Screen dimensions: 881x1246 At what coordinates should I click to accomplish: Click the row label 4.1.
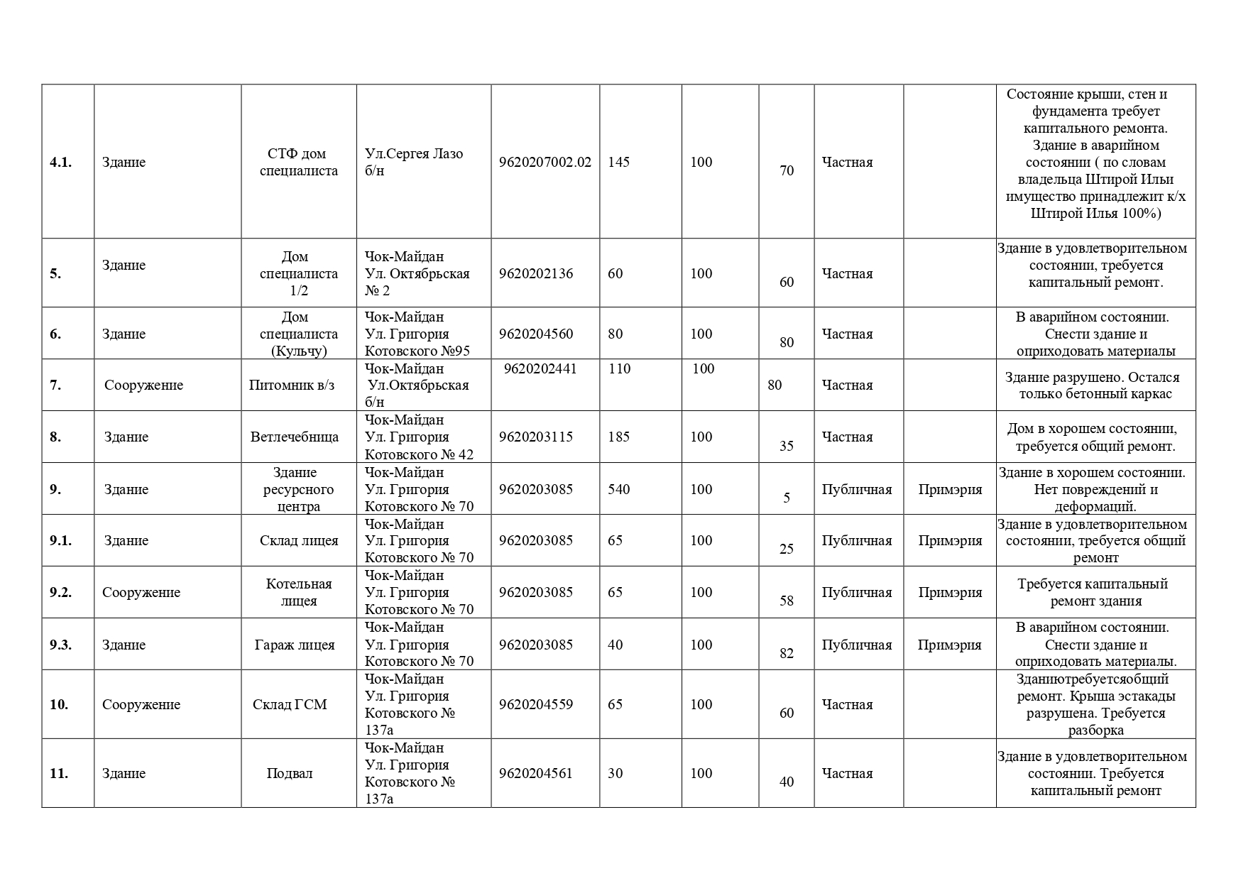tap(62, 163)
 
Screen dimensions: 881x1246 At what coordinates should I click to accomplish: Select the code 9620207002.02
tap(545, 163)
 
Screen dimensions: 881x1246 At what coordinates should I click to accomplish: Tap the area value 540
tap(618, 489)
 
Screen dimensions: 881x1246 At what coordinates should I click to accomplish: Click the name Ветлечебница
tap(295, 437)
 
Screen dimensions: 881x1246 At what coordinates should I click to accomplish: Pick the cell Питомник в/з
tap(292, 385)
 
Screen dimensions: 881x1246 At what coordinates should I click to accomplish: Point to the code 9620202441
tap(540, 369)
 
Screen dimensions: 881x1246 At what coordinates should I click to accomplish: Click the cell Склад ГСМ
tap(290, 705)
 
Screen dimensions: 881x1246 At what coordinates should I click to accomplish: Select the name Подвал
tap(290, 774)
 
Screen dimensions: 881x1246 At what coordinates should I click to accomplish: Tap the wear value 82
tap(787, 654)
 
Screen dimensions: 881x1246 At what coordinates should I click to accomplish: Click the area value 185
tap(618, 437)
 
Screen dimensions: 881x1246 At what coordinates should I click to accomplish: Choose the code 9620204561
tap(535, 774)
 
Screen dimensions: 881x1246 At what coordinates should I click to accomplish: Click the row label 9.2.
tap(60, 593)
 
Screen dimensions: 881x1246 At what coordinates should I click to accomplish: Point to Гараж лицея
tap(295, 645)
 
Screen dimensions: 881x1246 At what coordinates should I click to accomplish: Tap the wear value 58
tap(787, 601)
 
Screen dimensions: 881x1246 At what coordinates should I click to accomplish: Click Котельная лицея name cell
tap(299, 593)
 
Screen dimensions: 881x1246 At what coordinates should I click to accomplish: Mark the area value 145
tap(618, 163)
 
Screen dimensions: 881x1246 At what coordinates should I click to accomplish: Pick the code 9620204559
tap(535, 705)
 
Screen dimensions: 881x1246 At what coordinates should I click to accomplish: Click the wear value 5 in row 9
tap(787, 498)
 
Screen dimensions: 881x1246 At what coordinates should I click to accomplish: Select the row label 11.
tap(59, 774)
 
